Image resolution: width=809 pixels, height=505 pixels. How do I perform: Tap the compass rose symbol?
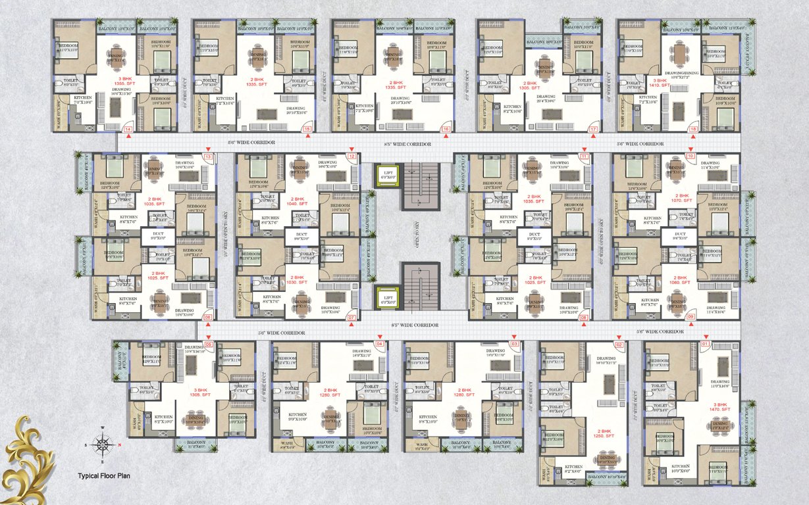103,445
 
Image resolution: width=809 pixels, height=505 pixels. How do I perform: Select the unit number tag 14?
128,130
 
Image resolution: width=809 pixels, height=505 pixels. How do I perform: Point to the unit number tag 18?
692,130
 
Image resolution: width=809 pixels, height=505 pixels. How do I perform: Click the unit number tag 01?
705,344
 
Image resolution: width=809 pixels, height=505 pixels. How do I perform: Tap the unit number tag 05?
208,344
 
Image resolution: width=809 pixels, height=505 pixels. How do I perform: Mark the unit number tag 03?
515,344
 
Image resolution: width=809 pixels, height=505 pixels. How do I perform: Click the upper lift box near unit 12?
387,174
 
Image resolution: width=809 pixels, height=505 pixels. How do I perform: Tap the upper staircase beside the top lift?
420,185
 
